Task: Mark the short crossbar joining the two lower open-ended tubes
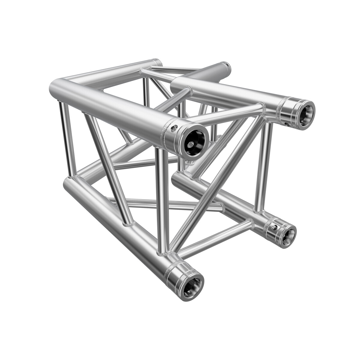pos(216,237)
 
